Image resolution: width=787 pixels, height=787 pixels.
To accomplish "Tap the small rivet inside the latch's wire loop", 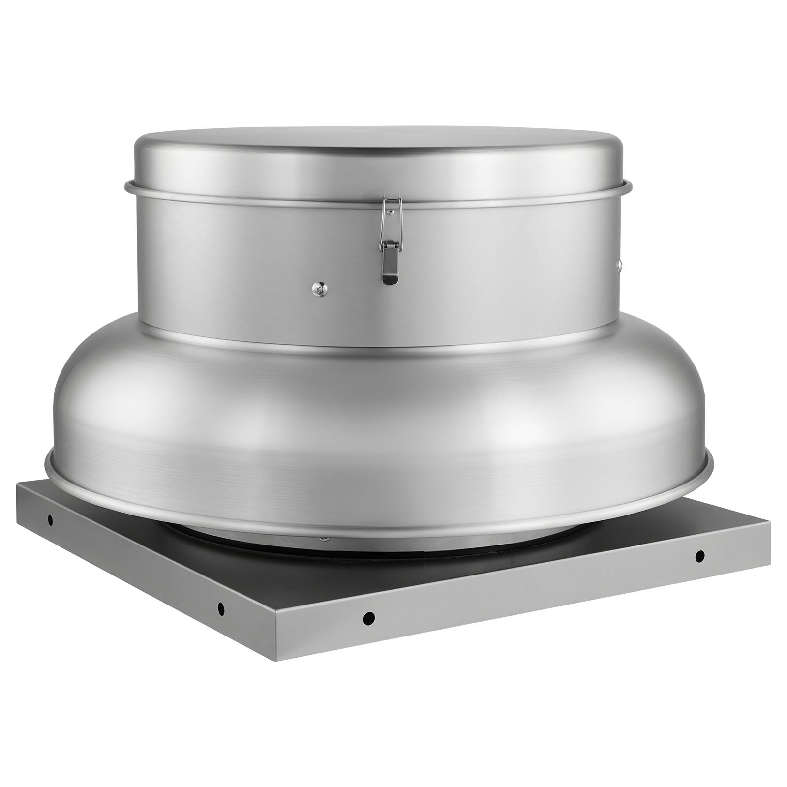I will click(x=390, y=212).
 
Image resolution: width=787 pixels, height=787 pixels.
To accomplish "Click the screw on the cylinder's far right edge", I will click(x=620, y=266).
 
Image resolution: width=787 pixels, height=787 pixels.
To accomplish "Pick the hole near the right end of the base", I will click(x=699, y=556).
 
